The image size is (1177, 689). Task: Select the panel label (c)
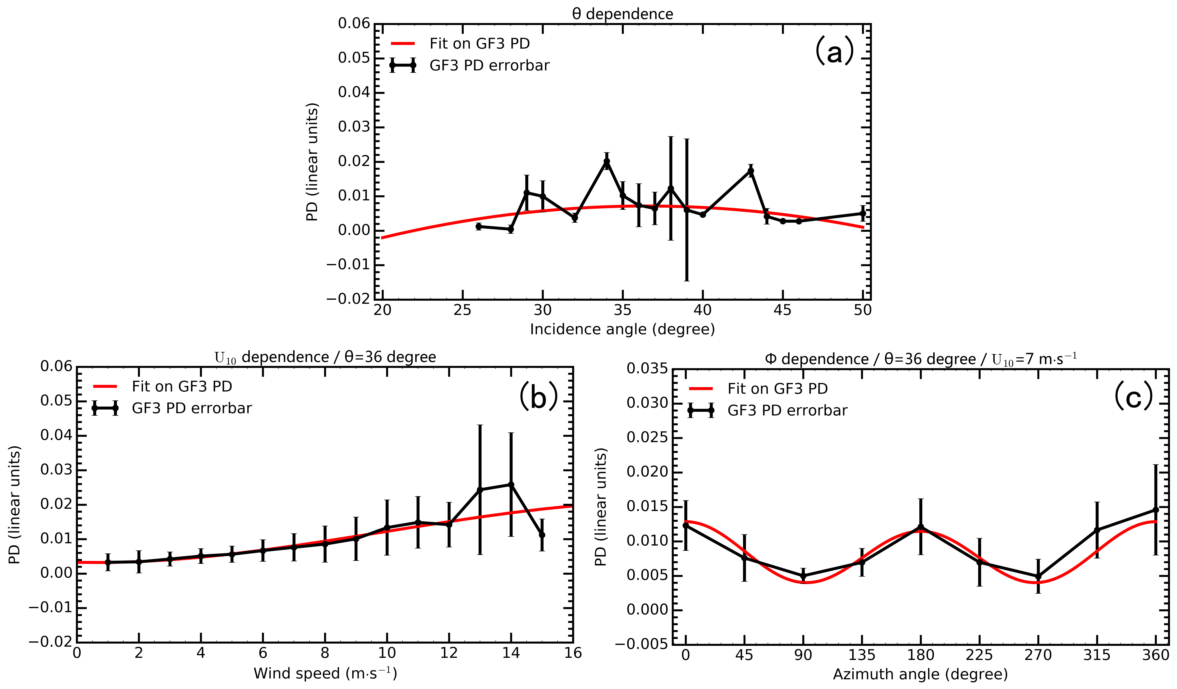1134,397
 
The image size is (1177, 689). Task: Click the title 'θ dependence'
623,14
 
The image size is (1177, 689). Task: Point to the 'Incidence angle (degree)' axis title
622,329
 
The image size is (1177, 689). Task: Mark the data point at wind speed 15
542,535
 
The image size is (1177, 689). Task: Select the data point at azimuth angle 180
921,527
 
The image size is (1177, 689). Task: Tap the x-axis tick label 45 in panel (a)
783,310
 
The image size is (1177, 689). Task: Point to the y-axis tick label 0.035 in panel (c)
647,369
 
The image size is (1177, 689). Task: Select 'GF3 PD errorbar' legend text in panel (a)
489,65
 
